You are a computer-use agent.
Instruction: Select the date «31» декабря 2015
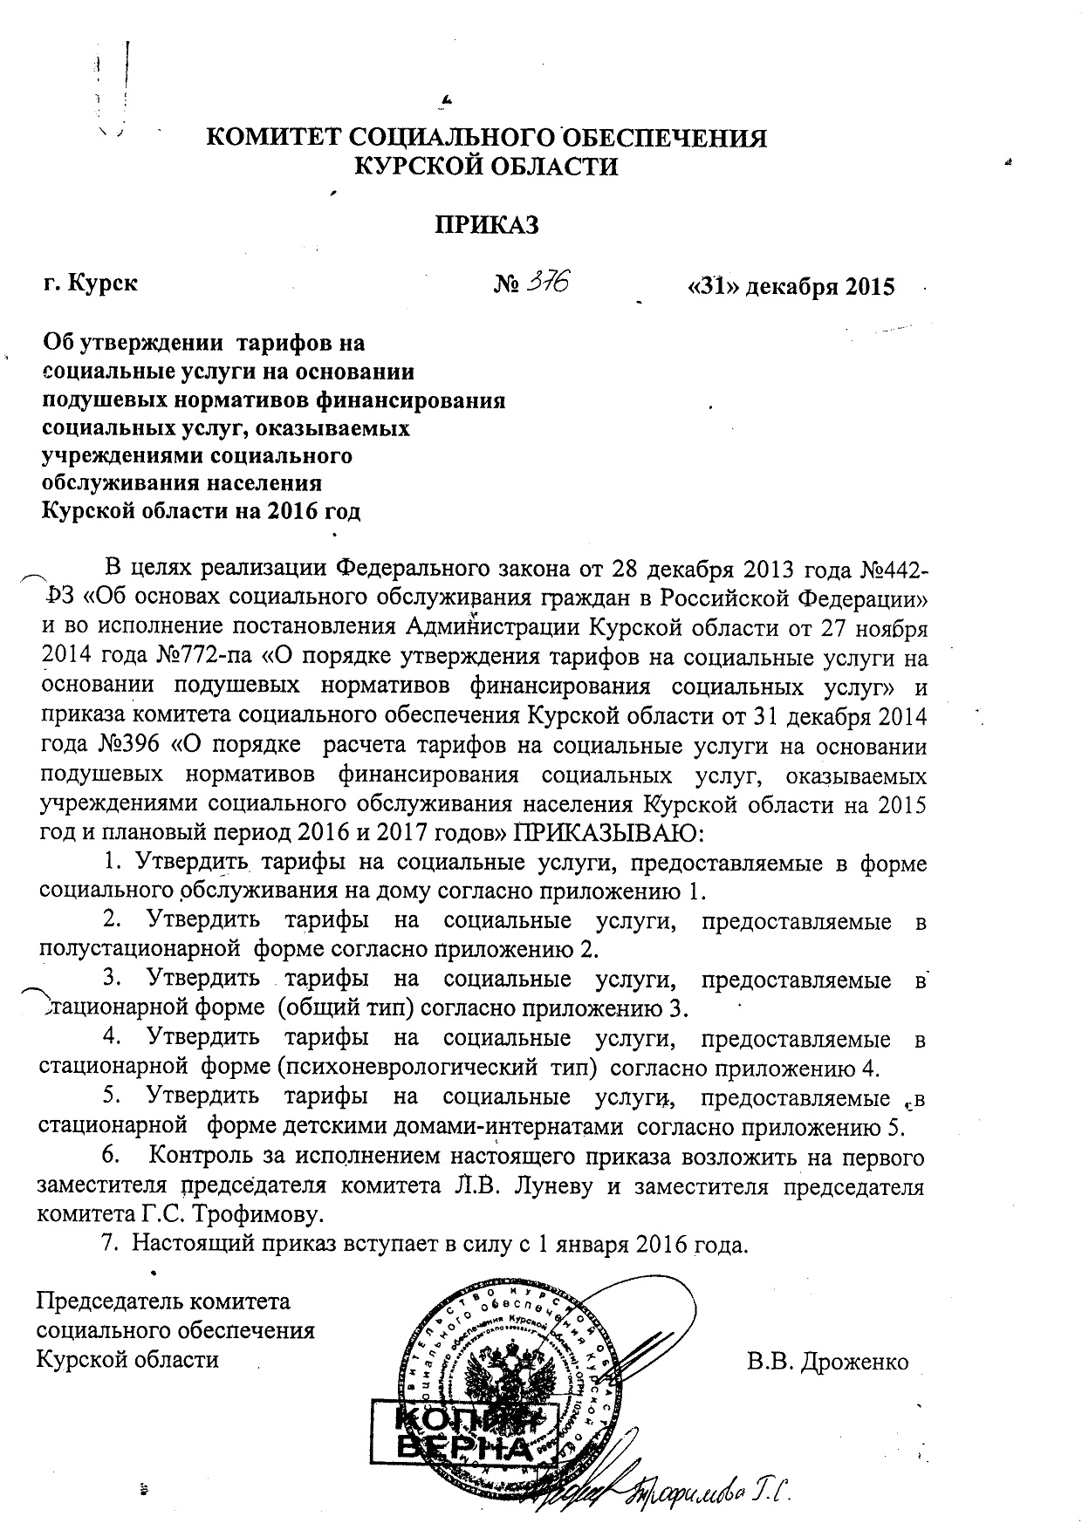[791, 287]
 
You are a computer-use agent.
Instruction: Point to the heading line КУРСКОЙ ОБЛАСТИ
[484, 166]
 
